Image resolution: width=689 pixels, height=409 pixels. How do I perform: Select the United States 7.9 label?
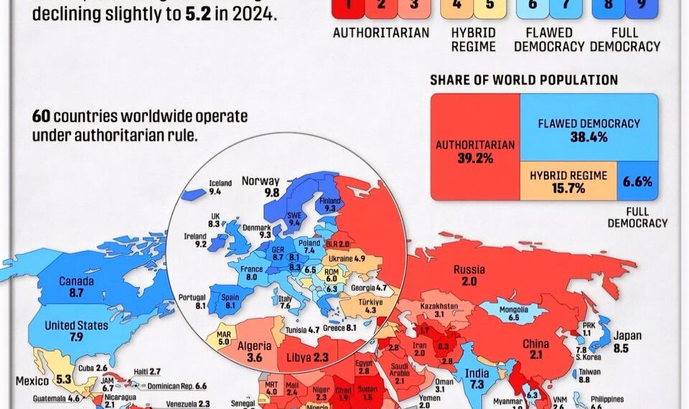[x=76, y=331]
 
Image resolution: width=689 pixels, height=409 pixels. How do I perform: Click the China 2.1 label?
[x=536, y=349]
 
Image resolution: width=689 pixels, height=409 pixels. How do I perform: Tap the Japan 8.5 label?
[x=627, y=341]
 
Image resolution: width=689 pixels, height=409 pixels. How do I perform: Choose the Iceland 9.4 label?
[x=220, y=188]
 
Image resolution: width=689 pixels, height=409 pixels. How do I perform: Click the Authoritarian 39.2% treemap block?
[x=475, y=151]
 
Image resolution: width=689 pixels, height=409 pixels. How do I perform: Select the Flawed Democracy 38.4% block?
[x=589, y=129]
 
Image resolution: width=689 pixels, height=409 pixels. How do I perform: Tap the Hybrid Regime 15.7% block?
[x=568, y=182]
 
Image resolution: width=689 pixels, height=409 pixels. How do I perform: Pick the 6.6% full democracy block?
[x=637, y=182]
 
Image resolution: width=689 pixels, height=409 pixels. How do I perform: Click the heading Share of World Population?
[x=524, y=80]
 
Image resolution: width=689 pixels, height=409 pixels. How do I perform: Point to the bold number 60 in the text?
[x=40, y=116]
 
